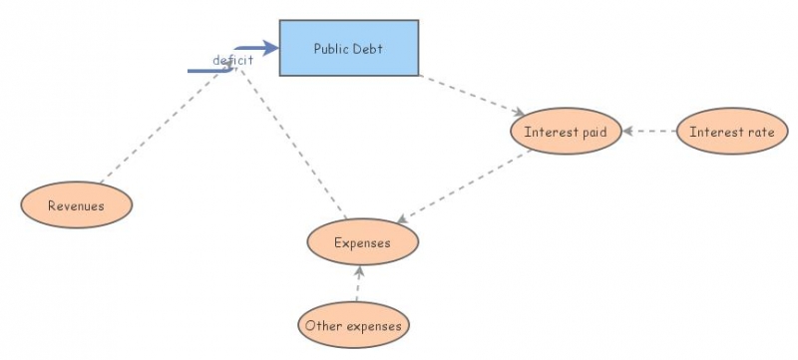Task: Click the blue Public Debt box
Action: coord(348,48)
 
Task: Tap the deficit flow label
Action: coord(232,60)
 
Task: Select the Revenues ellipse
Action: coord(76,206)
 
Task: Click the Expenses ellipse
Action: coord(362,242)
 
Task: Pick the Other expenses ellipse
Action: coord(354,325)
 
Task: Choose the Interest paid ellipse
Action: coord(566,132)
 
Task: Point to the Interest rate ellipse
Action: coord(731,132)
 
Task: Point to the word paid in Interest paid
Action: coord(590,132)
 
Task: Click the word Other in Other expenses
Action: coord(324,325)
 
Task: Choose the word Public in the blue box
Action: coord(331,48)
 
